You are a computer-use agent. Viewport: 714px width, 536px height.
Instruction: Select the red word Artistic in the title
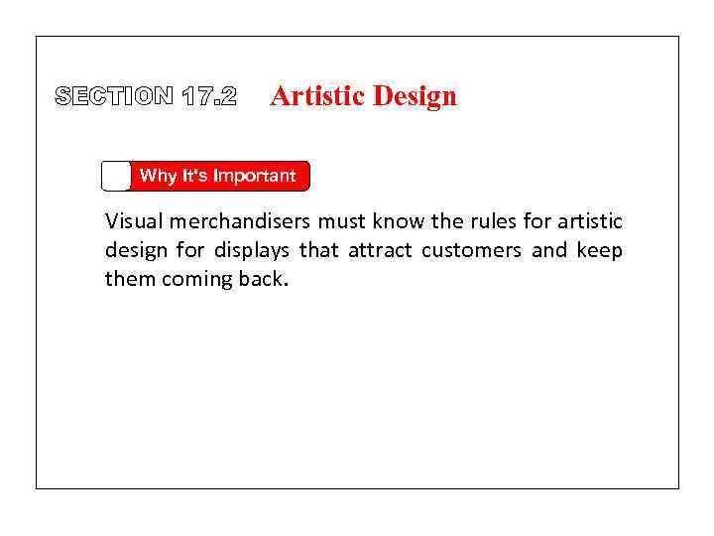(x=317, y=96)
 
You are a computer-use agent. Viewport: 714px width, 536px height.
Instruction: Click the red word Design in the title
(x=415, y=96)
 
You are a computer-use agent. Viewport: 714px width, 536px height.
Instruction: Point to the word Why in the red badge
(x=158, y=176)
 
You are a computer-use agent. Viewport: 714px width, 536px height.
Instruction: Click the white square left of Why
(x=116, y=176)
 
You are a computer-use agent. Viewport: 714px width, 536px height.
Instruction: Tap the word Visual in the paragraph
(x=132, y=221)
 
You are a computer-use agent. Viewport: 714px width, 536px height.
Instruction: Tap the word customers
(x=470, y=250)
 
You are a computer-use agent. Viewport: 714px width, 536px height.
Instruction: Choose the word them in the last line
(x=130, y=279)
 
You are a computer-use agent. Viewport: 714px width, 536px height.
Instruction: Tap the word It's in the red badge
(x=192, y=176)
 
